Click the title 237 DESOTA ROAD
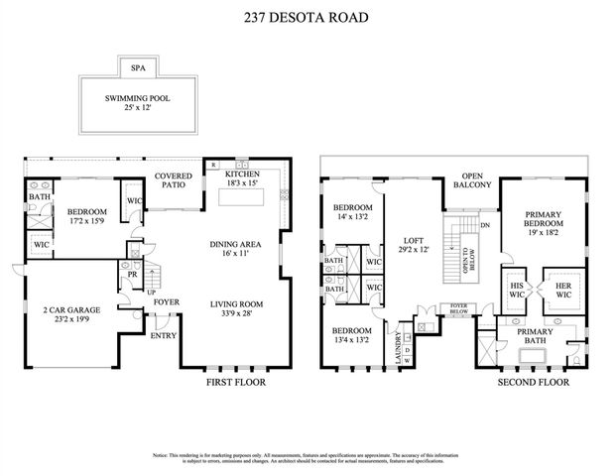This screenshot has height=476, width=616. tap(308, 17)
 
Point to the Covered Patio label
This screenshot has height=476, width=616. tap(174, 183)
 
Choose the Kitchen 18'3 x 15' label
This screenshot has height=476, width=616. tap(242, 178)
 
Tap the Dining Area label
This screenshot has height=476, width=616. tap(235, 250)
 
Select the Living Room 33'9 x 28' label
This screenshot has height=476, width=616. tap(235, 310)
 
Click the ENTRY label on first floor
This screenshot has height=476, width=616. tap(164, 335)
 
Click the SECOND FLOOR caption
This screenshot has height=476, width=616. tap(534, 382)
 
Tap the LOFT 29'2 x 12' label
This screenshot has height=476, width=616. tap(414, 245)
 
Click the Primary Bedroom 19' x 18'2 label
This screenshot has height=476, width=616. tap(544, 229)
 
